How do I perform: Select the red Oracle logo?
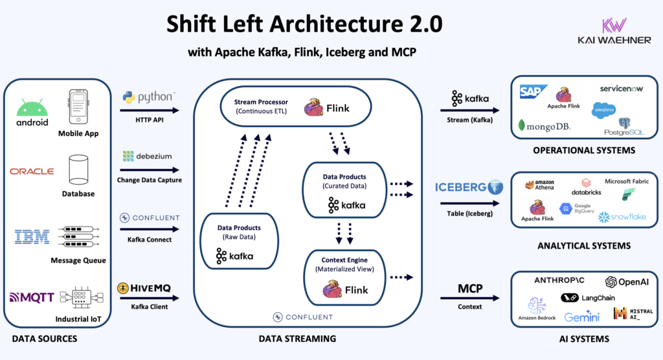(32, 172)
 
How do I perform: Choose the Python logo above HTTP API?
(148, 97)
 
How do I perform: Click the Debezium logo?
(148, 157)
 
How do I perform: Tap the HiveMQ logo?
(148, 287)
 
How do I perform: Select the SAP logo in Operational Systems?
(534, 93)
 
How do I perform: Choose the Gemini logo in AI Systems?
(581, 317)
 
